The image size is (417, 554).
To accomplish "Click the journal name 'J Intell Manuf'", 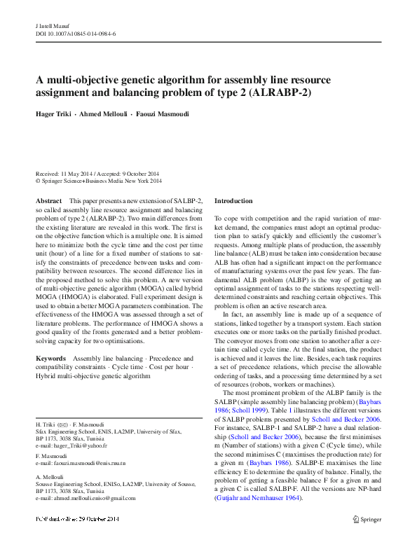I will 53,25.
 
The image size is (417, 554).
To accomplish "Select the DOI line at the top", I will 75,33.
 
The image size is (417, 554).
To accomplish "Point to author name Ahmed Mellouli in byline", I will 104,113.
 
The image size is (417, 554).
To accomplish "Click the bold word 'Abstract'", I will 48,201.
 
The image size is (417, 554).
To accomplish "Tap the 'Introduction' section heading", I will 233,201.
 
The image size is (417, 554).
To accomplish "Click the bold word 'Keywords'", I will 50,358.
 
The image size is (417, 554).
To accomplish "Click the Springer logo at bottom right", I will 367,539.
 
